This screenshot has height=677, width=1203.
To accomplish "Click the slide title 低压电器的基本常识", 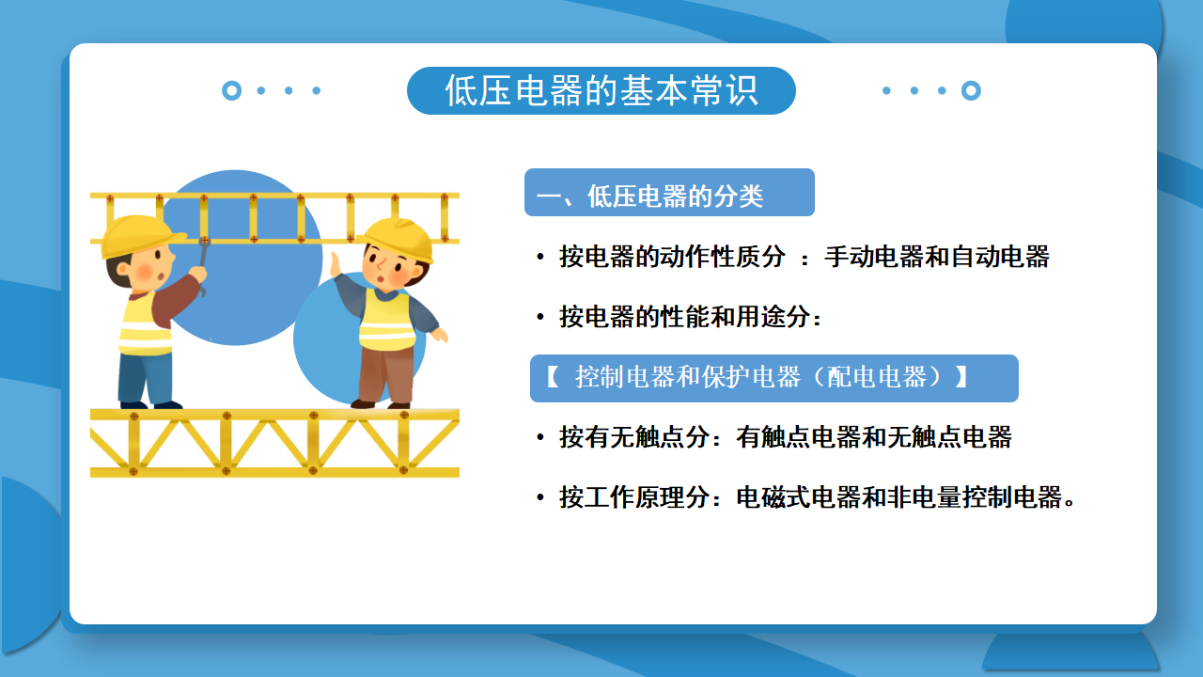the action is (x=601, y=90).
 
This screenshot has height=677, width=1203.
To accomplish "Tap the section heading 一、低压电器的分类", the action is (x=649, y=196).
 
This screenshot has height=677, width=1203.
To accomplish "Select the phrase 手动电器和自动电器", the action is (x=937, y=257).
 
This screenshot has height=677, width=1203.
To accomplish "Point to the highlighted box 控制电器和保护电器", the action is (x=773, y=378).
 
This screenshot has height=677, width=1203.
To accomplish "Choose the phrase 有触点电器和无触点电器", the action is (x=874, y=437).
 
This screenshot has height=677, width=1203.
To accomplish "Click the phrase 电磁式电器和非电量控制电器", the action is (x=899, y=497).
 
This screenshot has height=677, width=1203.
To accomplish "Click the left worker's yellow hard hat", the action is (x=141, y=235).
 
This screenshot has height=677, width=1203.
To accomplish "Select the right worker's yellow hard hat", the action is (x=398, y=238).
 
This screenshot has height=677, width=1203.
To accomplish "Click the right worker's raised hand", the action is (x=336, y=265).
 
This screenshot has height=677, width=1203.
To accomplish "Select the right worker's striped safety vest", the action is (x=386, y=320).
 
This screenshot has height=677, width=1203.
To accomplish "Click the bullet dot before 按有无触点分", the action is (x=540, y=437).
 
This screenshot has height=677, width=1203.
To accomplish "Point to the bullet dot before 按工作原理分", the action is (x=540, y=497).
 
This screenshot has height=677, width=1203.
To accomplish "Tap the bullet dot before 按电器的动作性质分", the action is (x=540, y=257).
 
